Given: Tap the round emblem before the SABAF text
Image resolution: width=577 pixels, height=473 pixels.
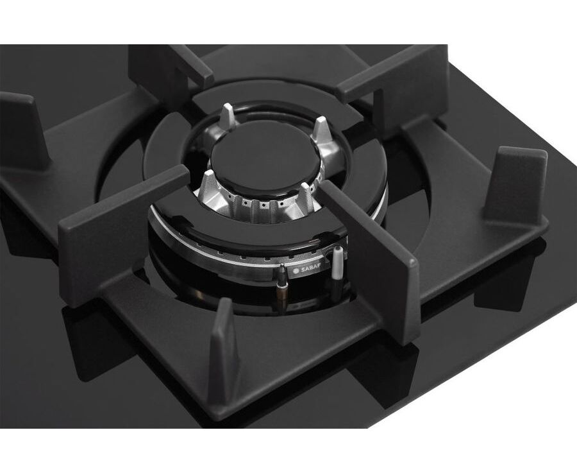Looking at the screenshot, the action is [296, 271].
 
